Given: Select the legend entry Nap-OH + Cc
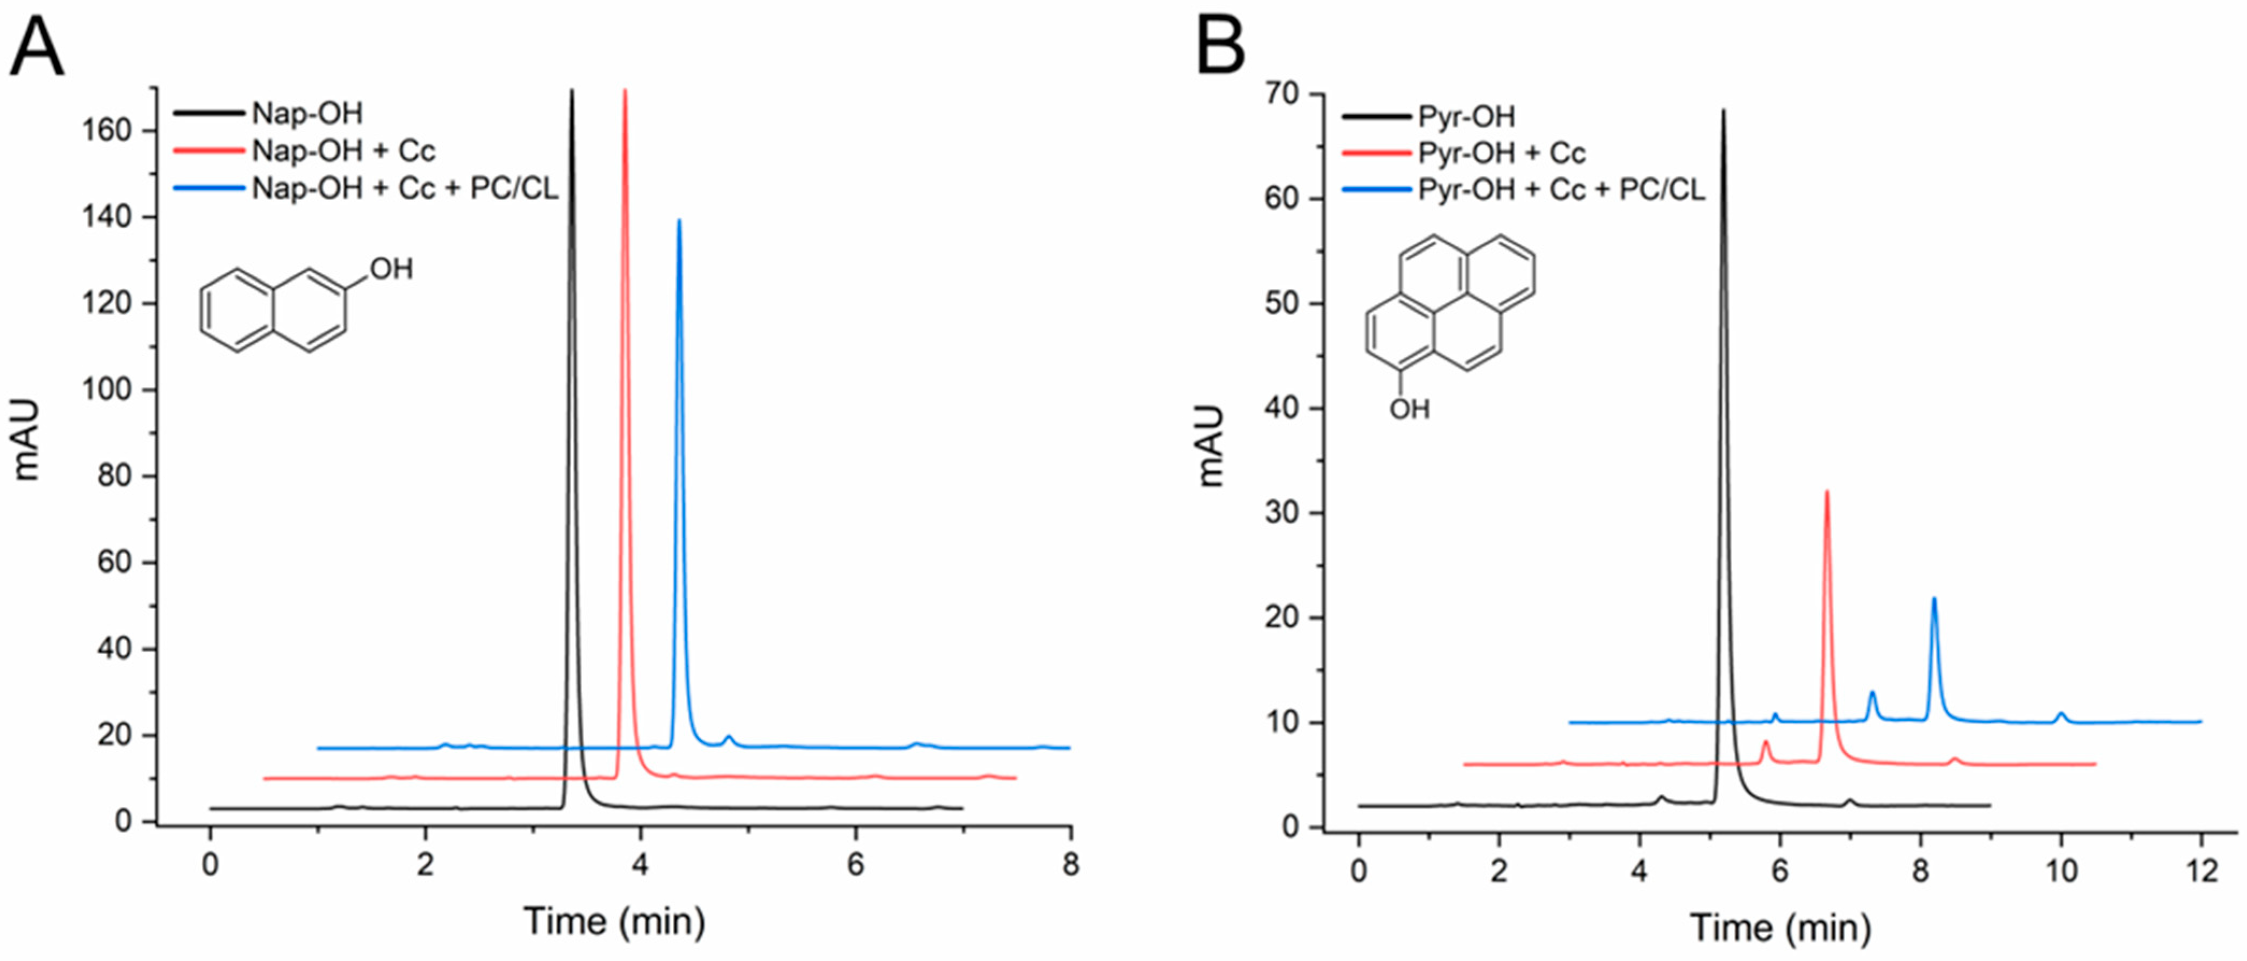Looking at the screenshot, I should [x=343, y=151].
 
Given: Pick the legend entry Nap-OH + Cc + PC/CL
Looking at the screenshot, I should [x=405, y=188].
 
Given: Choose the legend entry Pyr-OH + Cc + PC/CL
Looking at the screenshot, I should [x=1561, y=189].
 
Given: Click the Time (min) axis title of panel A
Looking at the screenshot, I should [x=614, y=921].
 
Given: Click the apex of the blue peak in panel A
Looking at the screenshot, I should [x=679, y=220].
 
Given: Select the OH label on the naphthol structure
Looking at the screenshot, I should [x=391, y=269].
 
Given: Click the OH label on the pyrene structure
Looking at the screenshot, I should [x=1410, y=408].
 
